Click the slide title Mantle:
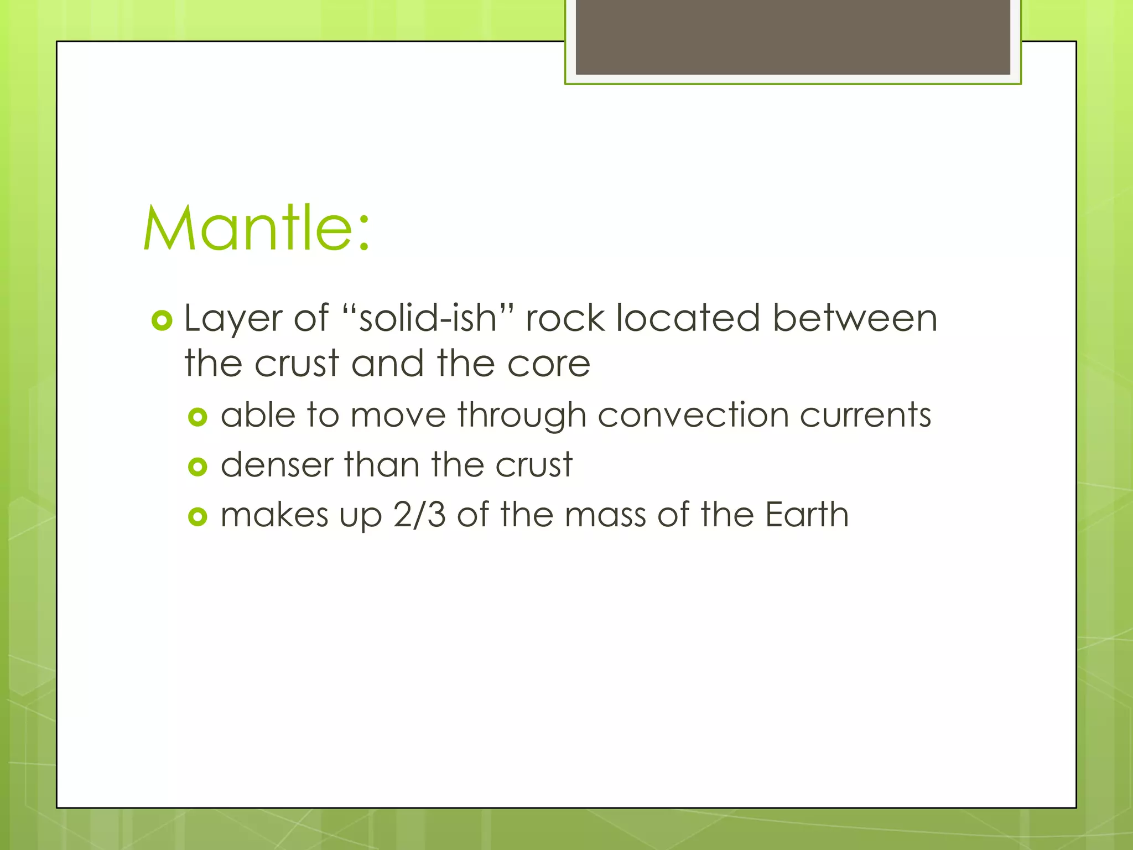[256, 228]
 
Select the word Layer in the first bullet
[232, 319]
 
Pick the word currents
[865, 415]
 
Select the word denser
[277, 465]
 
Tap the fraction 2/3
[419, 515]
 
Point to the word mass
[605, 515]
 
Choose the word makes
[274, 515]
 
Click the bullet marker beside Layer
[162, 320]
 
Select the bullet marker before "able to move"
[198, 417]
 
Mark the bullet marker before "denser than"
[198, 467]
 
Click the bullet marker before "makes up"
[198, 517]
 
